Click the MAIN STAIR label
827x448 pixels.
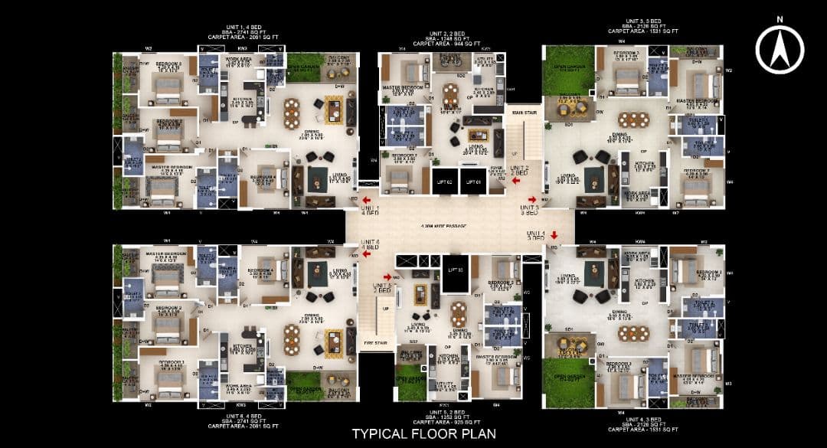coord(522,113)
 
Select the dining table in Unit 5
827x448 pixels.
coord(458,313)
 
